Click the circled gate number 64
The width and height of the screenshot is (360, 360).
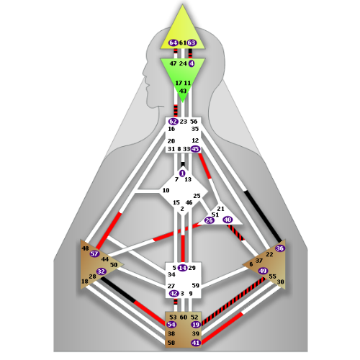pyautogui.click(x=173, y=43)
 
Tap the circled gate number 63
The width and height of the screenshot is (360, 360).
pyautogui.click(x=192, y=43)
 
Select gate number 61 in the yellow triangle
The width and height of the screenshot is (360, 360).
pyautogui.click(x=183, y=43)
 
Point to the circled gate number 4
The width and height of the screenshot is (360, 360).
pyautogui.click(x=192, y=63)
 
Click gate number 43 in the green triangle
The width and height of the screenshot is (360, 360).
pyautogui.click(x=183, y=91)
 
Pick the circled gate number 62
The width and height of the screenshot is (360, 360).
pyautogui.click(x=173, y=122)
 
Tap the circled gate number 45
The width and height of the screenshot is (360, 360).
pyautogui.click(x=195, y=149)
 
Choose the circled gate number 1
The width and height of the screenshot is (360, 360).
pyautogui.click(x=182, y=174)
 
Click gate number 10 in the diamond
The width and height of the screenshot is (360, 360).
pyautogui.click(x=166, y=190)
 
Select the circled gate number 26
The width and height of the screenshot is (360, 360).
pyautogui.click(x=209, y=220)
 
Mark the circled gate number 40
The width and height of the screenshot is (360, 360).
pyautogui.click(x=228, y=220)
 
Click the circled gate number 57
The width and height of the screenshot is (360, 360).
pyautogui.click(x=94, y=253)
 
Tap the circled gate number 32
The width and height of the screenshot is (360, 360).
pyautogui.click(x=102, y=271)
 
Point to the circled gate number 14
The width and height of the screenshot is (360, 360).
pyautogui.click(x=183, y=268)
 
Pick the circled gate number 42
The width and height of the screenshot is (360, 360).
pyautogui.click(x=174, y=293)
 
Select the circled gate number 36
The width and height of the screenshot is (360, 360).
pyautogui.click(x=280, y=248)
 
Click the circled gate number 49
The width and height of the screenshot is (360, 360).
pyautogui.click(x=263, y=271)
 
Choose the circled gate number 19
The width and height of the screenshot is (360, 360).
pyautogui.click(x=196, y=325)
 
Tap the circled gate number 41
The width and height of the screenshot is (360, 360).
pyautogui.click(x=196, y=343)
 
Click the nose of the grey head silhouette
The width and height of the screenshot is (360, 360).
pyautogui.click(x=144, y=73)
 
